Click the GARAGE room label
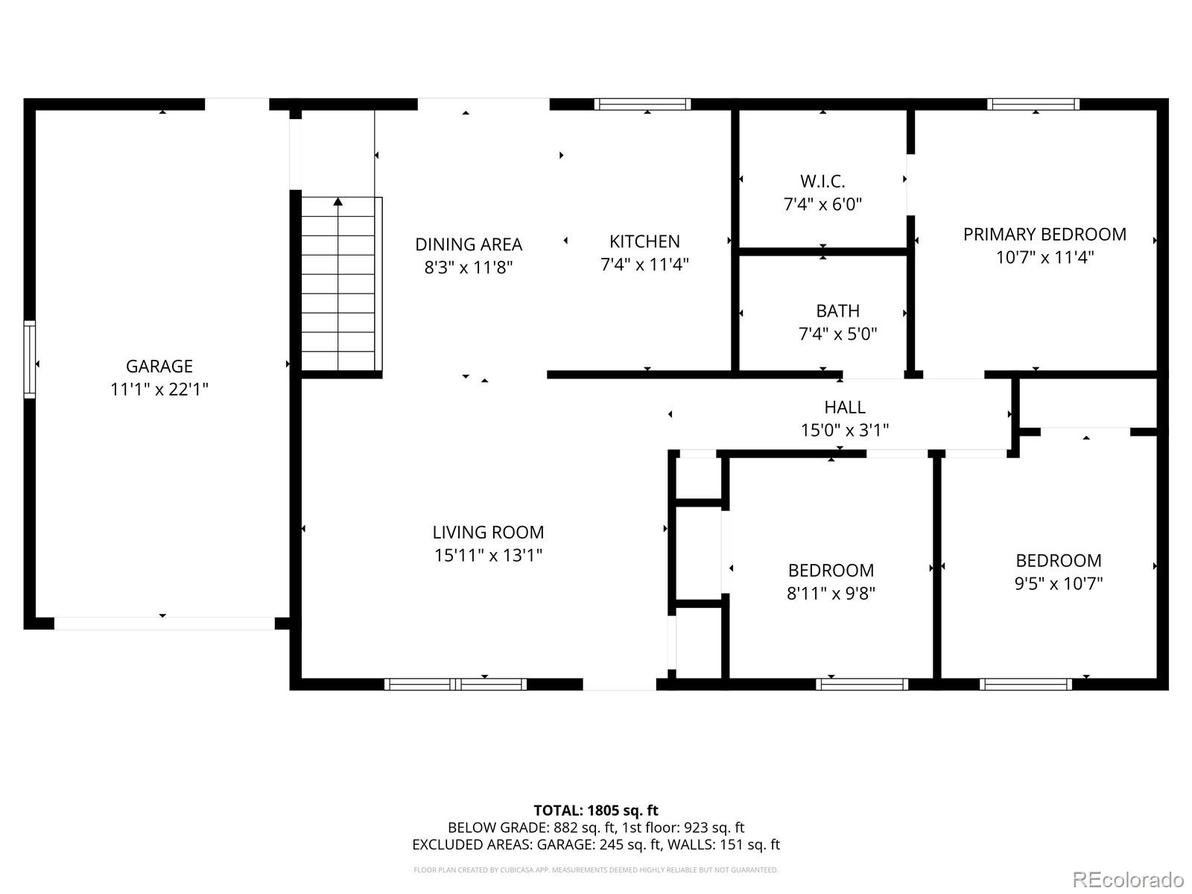coord(159,366)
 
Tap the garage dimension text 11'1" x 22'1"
coord(159,389)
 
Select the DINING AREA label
coord(469,244)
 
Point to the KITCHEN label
coord(644,241)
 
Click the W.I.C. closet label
coord(822,181)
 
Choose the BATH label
coord(837,311)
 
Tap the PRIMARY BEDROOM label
coord(1044,235)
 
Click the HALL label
coord(845,407)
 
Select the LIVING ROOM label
coord(488,532)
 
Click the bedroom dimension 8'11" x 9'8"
coord(831,593)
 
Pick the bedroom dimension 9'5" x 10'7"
coord(1058,583)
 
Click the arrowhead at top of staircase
coord(338,201)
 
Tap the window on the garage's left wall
coord(30,359)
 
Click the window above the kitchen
coord(642,104)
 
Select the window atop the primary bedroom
coord(1033,104)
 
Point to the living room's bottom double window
coord(456,684)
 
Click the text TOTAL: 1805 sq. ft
coord(596,811)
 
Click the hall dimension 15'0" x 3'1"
coord(845,430)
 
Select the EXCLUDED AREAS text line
coord(596,845)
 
